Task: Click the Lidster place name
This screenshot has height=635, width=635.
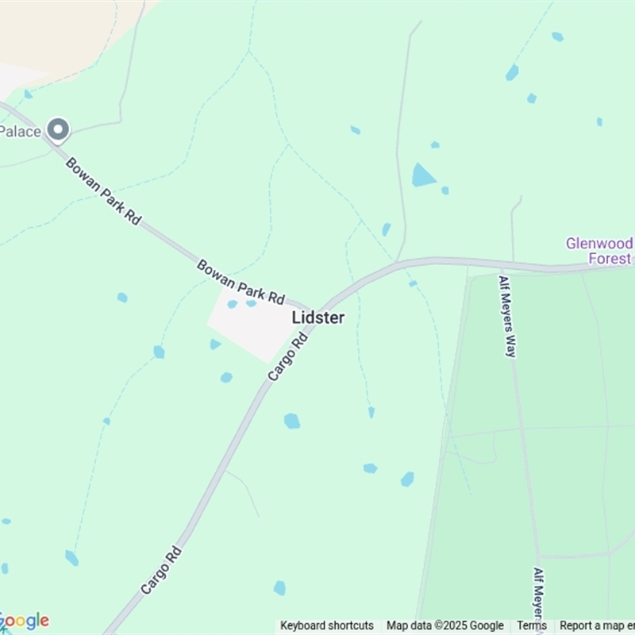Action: point(318,317)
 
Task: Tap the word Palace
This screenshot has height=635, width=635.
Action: point(20,131)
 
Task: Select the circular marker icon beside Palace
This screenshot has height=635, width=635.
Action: point(57,129)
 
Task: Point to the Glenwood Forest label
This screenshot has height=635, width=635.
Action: point(599,251)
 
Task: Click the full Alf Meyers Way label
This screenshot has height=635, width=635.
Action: point(507,317)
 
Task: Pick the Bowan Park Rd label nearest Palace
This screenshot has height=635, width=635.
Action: point(102,190)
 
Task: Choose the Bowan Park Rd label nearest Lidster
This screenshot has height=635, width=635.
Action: point(241,282)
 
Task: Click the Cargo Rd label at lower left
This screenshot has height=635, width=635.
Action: point(161,570)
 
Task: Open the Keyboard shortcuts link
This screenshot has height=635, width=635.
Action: point(327,625)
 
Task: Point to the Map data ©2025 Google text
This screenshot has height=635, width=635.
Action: point(445,625)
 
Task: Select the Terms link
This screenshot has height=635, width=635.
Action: point(532,625)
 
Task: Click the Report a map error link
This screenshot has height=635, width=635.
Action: point(597,625)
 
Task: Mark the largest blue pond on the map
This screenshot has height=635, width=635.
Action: point(422,175)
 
